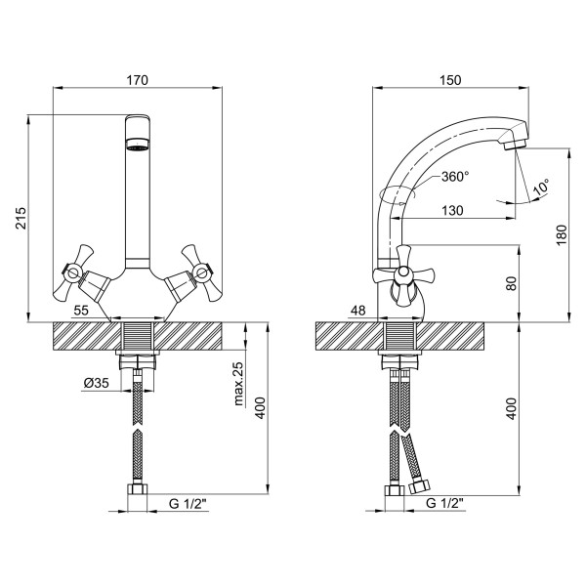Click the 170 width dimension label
point(137,80)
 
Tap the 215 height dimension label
point(21,218)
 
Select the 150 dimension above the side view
point(450,80)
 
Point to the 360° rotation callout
point(455,176)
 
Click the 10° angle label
point(541,187)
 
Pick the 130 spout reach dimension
point(452,210)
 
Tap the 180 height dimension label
point(562,235)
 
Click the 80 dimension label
point(511,283)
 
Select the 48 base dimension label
point(358,310)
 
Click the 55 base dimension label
point(81,310)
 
